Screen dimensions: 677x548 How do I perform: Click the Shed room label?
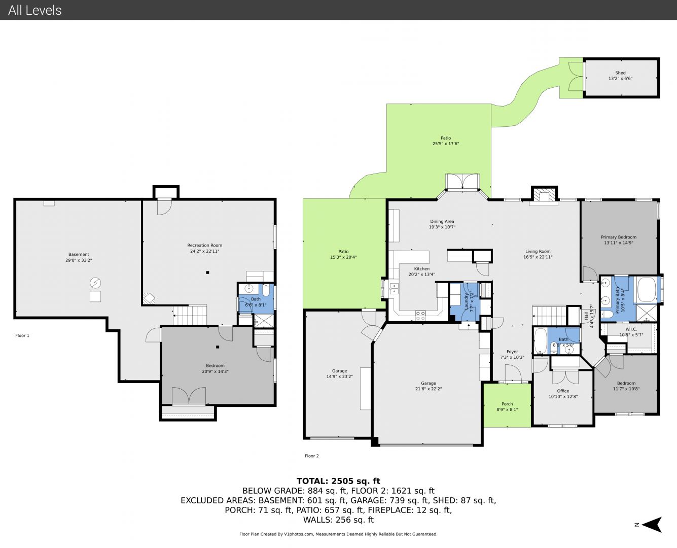pyautogui.click(x=620, y=73)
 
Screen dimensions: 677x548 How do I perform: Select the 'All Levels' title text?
pyautogui.click(x=34, y=10)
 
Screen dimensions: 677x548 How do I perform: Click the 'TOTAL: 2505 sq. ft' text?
pyautogui.click(x=338, y=481)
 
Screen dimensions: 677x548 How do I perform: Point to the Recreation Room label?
pyautogui.click(x=204, y=245)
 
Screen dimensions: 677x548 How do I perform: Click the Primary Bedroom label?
pyautogui.click(x=619, y=237)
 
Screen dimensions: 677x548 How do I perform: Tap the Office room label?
pyautogui.click(x=563, y=391)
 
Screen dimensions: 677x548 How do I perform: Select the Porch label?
pyautogui.click(x=507, y=404)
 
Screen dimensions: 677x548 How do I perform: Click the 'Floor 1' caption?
pyautogui.click(x=22, y=335)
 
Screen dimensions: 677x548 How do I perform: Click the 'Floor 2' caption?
pyautogui.click(x=311, y=456)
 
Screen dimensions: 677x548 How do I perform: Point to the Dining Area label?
pyautogui.click(x=442, y=221)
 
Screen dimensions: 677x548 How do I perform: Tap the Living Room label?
pyautogui.click(x=538, y=251)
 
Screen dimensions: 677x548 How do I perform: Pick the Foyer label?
pyautogui.click(x=512, y=352)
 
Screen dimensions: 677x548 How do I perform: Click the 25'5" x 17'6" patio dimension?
pyautogui.click(x=446, y=144)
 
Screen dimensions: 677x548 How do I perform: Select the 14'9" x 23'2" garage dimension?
pyautogui.click(x=339, y=376)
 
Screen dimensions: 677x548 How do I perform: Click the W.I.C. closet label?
pyautogui.click(x=631, y=329)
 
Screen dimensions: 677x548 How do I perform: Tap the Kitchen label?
pyautogui.click(x=422, y=269)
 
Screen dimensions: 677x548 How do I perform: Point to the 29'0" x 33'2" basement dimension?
pyautogui.click(x=79, y=260)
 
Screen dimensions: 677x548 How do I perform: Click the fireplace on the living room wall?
pyautogui.click(x=544, y=195)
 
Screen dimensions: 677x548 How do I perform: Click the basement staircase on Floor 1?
pyautogui.click(x=190, y=315)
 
